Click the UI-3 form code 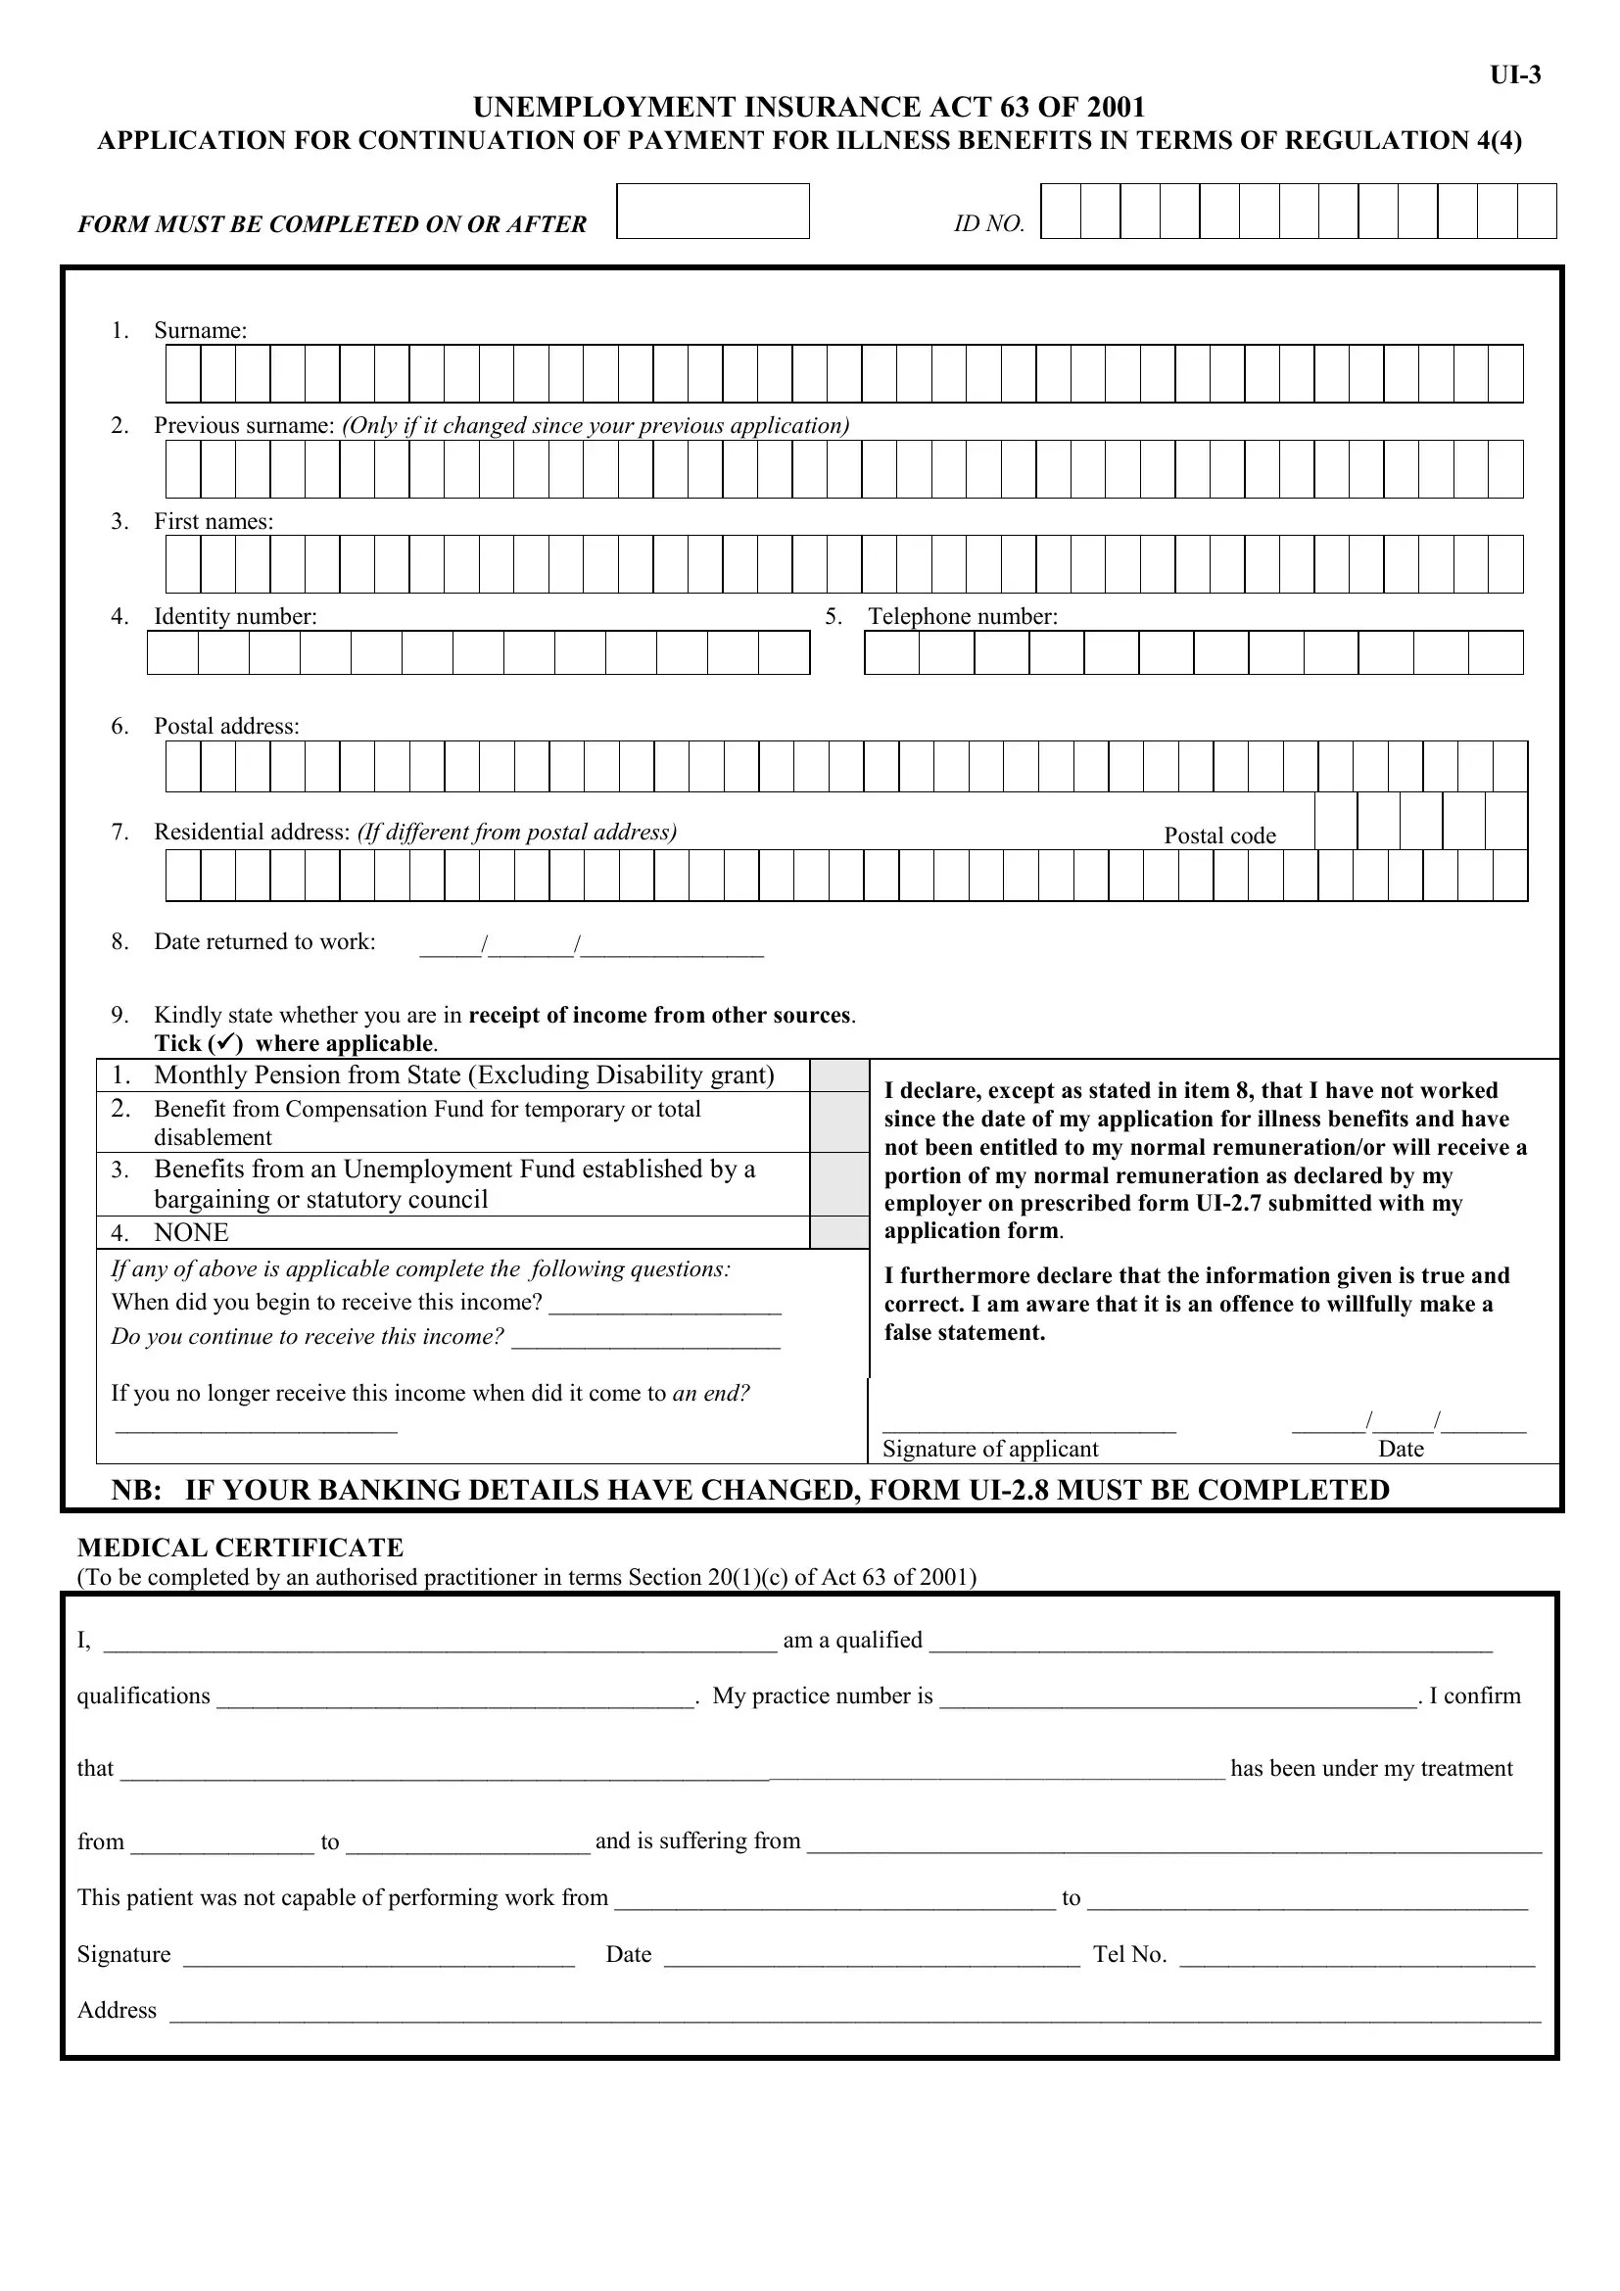coord(1514,75)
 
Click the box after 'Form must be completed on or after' coord(712,212)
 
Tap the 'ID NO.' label coord(988,224)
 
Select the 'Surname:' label coord(200,330)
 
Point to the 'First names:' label coord(213,521)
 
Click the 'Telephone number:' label coord(962,617)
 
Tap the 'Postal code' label coord(1219,836)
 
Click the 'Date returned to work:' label coord(264,942)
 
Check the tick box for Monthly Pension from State coord(838,1075)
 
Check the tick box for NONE coord(838,1232)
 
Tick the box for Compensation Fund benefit coord(838,1122)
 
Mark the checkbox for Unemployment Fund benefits coord(838,1184)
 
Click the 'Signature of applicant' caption coord(989,1449)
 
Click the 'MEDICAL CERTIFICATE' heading coord(240,1548)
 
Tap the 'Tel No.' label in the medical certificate coord(1129,1955)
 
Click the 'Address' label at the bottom coord(117,2011)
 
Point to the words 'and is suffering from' coord(697,1841)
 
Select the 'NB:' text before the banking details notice coord(137,1491)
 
